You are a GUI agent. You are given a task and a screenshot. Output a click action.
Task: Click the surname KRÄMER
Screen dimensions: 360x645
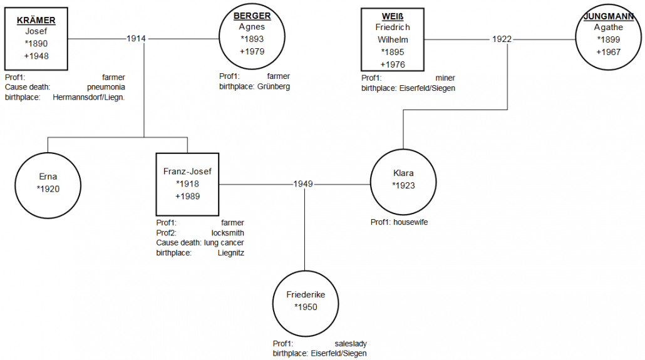tap(36, 20)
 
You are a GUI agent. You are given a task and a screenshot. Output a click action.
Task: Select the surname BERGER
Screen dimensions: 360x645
tap(252, 16)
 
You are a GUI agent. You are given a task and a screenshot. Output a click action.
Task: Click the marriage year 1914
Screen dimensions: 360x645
tap(136, 39)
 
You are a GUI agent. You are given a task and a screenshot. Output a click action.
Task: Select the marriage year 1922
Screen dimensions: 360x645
tap(502, 39)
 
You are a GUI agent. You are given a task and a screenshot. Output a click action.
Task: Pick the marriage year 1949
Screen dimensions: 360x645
tap(303, 184)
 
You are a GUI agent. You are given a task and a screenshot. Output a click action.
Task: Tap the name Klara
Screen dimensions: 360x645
tap(403, 173)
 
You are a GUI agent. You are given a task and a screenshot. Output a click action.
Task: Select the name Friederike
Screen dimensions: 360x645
tap(306, 295)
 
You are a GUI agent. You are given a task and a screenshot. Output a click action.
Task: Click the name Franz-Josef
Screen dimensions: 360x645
tap(187, 172)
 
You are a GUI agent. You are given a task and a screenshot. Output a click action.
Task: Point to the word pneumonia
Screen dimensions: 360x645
tap(106, 87)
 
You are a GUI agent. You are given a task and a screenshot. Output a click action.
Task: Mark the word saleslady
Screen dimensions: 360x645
tap(351, 344)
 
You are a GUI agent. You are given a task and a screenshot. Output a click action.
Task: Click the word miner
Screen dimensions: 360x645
tap(445, 78)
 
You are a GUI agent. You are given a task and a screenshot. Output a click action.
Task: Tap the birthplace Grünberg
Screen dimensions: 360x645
tap(274, 86)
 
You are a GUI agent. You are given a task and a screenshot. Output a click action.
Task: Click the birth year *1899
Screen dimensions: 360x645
tap(609, 39)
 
